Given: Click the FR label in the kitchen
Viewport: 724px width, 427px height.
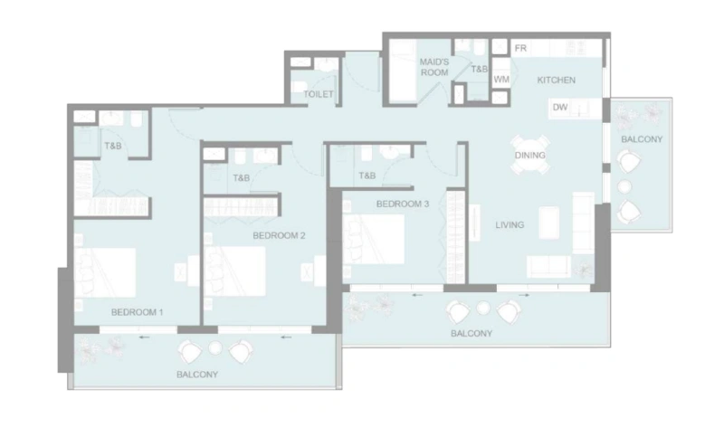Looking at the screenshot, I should pos(521,48).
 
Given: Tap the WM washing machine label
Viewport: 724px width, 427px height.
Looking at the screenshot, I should pos(500,81).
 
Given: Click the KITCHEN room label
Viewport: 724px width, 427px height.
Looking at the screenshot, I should pos(556,81).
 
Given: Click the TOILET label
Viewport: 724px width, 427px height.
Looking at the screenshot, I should pos(318,94).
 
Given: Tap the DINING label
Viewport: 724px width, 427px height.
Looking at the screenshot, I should pos(529,156).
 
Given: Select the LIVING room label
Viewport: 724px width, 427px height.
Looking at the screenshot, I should pos(510,224).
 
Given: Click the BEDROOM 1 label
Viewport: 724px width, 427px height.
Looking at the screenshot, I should pos(137,313).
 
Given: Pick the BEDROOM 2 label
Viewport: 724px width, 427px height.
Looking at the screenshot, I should pos(279,236).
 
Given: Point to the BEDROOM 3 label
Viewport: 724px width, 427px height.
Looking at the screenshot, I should pos(402,204).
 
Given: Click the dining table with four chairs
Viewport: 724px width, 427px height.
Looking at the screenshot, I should pos(529,148).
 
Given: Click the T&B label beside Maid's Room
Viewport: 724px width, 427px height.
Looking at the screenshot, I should pos(479,69).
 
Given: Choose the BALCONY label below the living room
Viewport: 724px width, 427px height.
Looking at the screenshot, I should pos(472,334).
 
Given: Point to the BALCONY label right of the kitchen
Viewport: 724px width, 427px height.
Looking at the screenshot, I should pos(642,139).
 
